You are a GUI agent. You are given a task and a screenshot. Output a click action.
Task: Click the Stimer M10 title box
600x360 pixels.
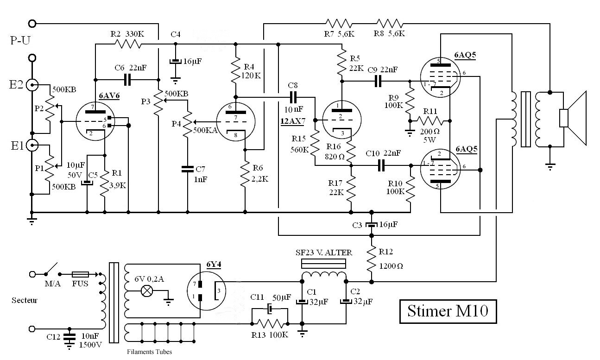pos(448,311)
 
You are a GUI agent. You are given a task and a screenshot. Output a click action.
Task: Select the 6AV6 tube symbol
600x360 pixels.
pos(95,121)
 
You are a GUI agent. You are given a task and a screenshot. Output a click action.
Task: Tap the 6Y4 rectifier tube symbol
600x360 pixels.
pos(206,291)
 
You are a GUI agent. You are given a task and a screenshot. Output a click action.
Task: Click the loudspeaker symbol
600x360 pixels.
pos(573,118)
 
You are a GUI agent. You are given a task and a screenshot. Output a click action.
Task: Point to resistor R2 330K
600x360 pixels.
pos(128,44)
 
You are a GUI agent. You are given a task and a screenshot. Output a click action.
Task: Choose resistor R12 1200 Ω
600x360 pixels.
pos(372,259)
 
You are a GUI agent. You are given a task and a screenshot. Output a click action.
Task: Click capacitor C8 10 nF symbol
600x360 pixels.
pos(293,97)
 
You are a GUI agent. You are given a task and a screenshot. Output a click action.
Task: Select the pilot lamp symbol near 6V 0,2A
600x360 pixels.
pos(147,291)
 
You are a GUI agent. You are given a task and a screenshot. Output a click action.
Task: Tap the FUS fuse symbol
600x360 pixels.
pos(80,274)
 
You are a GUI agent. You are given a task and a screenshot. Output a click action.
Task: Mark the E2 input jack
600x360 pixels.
pos(32,85)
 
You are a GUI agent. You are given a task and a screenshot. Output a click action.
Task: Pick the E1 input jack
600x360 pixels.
pos(32,145)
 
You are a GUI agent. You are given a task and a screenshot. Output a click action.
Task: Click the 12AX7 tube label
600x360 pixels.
pos(293,121)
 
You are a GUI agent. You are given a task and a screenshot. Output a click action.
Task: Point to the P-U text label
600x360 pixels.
pos(20,40)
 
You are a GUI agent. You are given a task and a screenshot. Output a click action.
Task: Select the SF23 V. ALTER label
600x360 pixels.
pos(324,253)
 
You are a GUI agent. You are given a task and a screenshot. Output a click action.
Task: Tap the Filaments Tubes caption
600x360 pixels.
pos(150,352)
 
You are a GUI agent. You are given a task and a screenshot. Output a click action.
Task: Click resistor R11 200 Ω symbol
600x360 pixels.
pos(430,121)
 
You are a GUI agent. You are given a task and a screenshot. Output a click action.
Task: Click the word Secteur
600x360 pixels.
pos(25,300)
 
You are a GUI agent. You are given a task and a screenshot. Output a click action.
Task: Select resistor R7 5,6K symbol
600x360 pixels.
pos(339,24)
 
